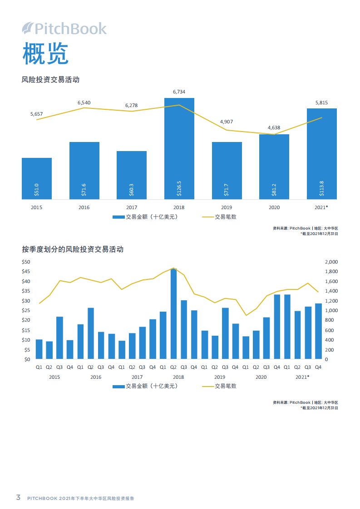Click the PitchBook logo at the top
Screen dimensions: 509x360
coord(64,29)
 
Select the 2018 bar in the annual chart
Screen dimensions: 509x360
coord(179,148)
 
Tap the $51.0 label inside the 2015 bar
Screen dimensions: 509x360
coord(37,190)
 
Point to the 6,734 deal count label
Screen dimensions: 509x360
coord(179,92)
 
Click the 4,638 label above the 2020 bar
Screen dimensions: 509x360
coord(274,127)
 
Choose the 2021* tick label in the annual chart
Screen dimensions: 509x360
coord(321,207)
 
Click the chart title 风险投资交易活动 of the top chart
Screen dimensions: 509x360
coord(51,79)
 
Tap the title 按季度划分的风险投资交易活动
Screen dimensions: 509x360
coord(73,249)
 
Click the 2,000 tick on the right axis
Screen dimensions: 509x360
coord(331,262)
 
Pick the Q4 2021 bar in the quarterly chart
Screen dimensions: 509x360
coord(318,331)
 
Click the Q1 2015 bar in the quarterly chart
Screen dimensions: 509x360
coord(39,349)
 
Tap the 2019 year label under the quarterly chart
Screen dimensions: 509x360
coord(220,377)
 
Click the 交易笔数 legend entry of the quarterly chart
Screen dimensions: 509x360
coord(219,386)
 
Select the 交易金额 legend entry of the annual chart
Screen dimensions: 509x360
coord(145,217)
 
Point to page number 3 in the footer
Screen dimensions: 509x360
coord(18,497)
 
